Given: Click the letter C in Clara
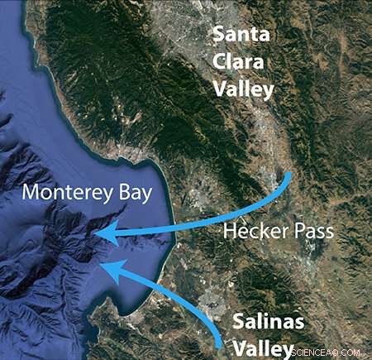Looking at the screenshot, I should (221, 63).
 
